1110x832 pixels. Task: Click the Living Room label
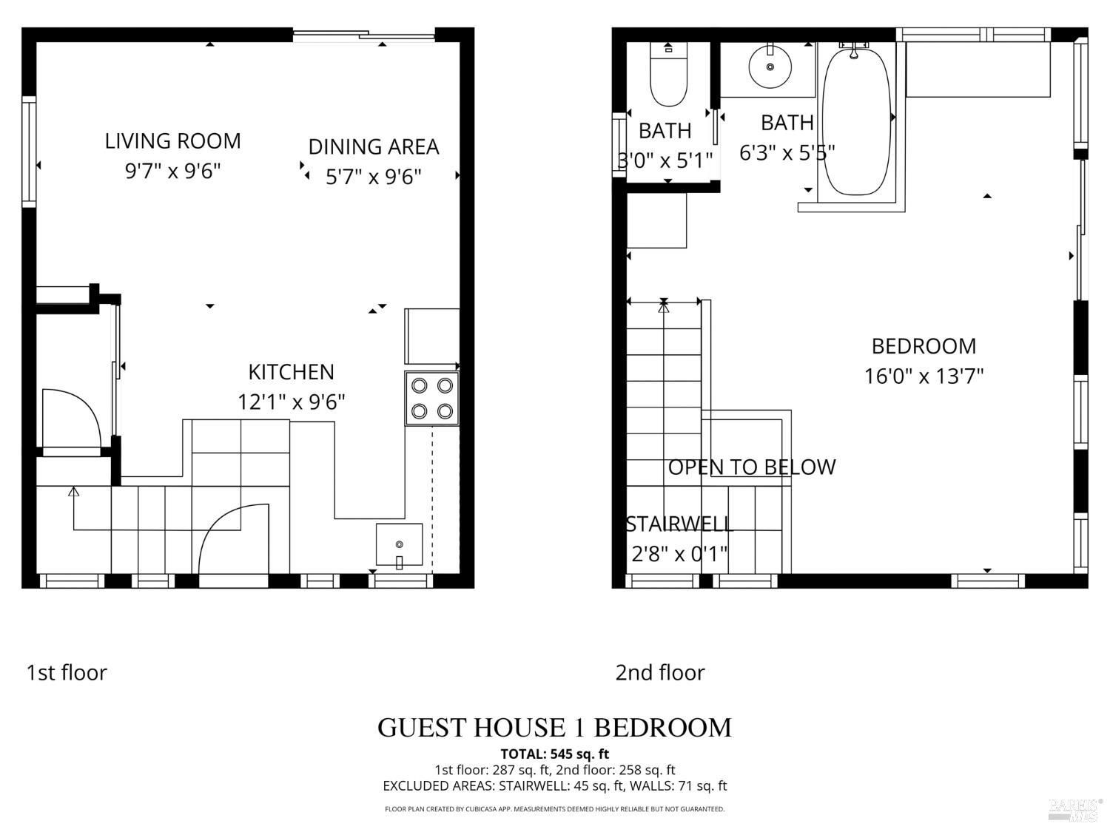172,141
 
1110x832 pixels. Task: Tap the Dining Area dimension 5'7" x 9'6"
373,177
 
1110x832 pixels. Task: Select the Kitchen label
291,371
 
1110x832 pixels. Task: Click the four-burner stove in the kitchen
432,398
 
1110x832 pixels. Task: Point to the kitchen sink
400,545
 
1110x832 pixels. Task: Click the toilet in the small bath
668,75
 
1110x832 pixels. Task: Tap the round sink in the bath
770,67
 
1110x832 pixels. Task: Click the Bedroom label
924,346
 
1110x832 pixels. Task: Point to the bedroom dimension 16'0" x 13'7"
924,376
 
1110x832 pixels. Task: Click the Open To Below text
751,467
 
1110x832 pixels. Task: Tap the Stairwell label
679,524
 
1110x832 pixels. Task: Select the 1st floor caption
67,672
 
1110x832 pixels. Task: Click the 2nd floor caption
660,672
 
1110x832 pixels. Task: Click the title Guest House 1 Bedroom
554,728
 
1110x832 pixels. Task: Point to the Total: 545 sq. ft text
554,754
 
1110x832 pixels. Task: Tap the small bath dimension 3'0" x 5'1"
665,160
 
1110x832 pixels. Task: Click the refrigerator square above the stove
432,336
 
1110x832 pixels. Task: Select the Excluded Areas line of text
554,785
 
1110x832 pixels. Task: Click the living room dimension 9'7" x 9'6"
172,172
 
